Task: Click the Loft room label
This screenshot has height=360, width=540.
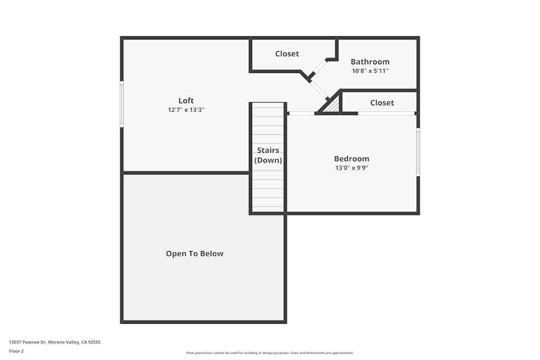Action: pyautogui.click(x=186, y=100)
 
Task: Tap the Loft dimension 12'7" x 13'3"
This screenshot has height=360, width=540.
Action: pyautogui.click(x=186, y=110)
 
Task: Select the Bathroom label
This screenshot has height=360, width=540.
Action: pyautogui.click(x=370, y=62)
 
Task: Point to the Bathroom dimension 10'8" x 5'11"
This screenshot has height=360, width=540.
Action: pyautogui.click(x=370, y=71)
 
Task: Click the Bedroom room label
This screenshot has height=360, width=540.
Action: pyautogui.click(x=352, y=159)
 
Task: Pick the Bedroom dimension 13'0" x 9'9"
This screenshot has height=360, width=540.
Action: pyautogui.click(x=352, y=168)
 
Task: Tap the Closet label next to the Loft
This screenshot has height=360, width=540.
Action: pyautogui.click(x=287, y=53)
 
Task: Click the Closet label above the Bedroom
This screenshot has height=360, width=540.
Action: pyautogui.click(x=382, y=103)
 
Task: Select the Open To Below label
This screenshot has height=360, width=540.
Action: pyautogui.click(x=194, y=254)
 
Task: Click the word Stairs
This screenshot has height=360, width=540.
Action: pyautogui.click(x=268, y=150)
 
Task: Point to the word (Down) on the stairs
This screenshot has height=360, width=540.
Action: pyautogui.click(x=268, y=160)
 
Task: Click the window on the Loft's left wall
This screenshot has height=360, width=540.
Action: pyautogui.click(x=122, y=104)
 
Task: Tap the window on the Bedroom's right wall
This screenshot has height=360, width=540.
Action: pyautogui.click(x=418, y=152)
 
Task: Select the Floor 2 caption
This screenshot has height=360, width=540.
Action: pyautogui.click(x=16, y=351)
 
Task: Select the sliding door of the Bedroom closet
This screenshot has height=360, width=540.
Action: pyautogui.click(x=386, y=113)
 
